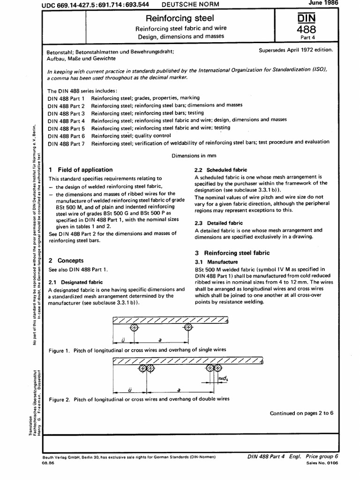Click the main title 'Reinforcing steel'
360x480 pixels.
click(180, 18)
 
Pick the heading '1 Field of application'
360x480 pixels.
click(81, 170)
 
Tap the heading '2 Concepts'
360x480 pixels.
click(66, 260)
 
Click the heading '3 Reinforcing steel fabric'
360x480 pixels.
click(232, 253)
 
